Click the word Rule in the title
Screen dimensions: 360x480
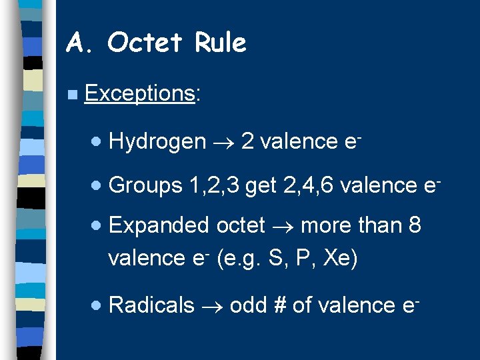pyautogui.click(x=221, y=43)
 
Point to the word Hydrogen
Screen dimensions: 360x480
pyautogui.click(x=157, y=142)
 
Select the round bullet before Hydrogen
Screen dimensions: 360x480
pyautogui.click(x=97, y=142)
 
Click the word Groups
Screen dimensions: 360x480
pyautogui.click(x=145, y=185)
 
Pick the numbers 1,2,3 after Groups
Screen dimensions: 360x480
pyautogui.click(x=215, y=185)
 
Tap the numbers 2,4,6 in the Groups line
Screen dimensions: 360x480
pyautogui.click(x=309, y=185)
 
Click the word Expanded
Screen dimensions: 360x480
pyautogui.click(x=158, y=225)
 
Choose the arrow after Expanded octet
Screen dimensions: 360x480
pyautogui.click(x=283, y=226)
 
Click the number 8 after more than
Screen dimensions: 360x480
pyautogui.click(x=414, y=225)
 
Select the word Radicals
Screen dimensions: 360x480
pyautogui.click(x=151, y=305)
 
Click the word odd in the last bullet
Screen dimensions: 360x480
pyautogui.click(x=246, y=305)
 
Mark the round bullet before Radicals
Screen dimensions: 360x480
pyautogui.click(x=97, y=305)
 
